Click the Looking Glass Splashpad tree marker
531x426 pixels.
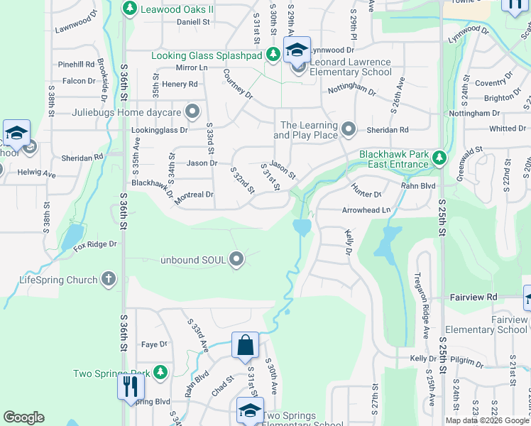[x=273, y=55]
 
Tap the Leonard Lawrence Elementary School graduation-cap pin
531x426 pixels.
[x=297, y=50]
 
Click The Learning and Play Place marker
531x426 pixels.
[x=348, y=129]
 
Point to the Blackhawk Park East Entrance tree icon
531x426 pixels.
[x=440, y=158]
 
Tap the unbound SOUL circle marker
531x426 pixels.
[x=238, y=260]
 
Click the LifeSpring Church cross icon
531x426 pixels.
[x=108, y=279]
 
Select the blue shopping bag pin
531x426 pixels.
[x=245, y=346]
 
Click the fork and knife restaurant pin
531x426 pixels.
[x=131, y=386]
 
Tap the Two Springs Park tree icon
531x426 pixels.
[x=160, y=372]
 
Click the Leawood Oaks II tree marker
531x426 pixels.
[x=129, y=9]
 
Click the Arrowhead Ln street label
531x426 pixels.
[x=366, y=210]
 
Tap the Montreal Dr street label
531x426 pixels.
[x=194, y=195]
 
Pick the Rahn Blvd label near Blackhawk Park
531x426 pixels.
[x=419, y=186]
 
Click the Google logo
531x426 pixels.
[x=24, y=417]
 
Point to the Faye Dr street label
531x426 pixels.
[x=154, y=344]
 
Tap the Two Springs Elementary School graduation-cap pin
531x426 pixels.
[x=250, y=411]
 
